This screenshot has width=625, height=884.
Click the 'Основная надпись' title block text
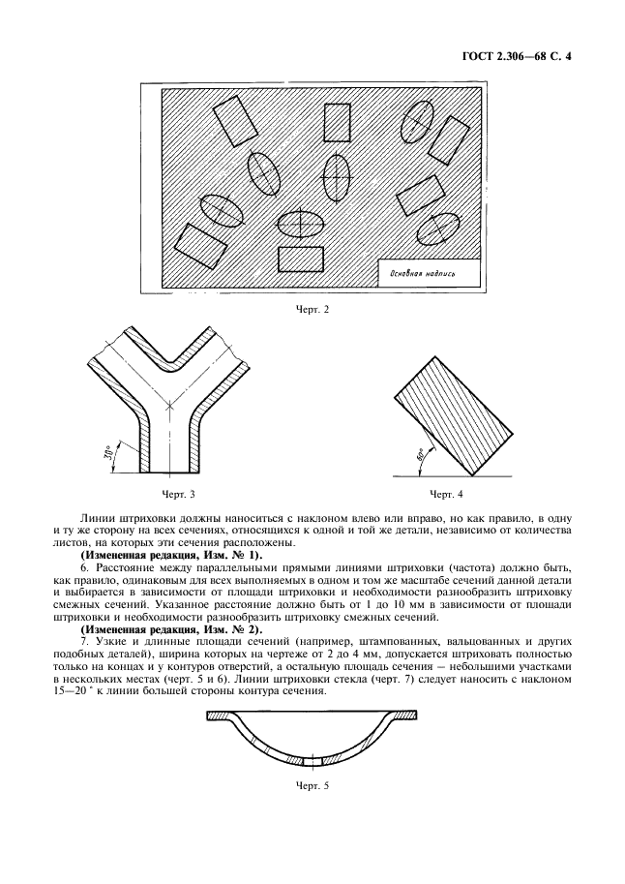[x=429, y=273]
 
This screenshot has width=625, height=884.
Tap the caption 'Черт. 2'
[x=312, y=310]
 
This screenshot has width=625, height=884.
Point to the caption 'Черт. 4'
[x=447, y=494]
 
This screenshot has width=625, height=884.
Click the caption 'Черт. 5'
[x=312, y=784]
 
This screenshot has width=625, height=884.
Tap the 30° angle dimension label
[x=115, y=453]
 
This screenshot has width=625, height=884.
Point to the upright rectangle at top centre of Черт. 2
[x=337, y=123]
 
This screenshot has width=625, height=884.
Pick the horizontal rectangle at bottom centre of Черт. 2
[x=300, y=259]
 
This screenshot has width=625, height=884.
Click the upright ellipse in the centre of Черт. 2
[x=336, y=177]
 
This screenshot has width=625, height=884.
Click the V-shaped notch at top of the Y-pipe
[x=172, y=362]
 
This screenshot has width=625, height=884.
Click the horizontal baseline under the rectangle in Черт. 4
[x=455, y=475]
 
